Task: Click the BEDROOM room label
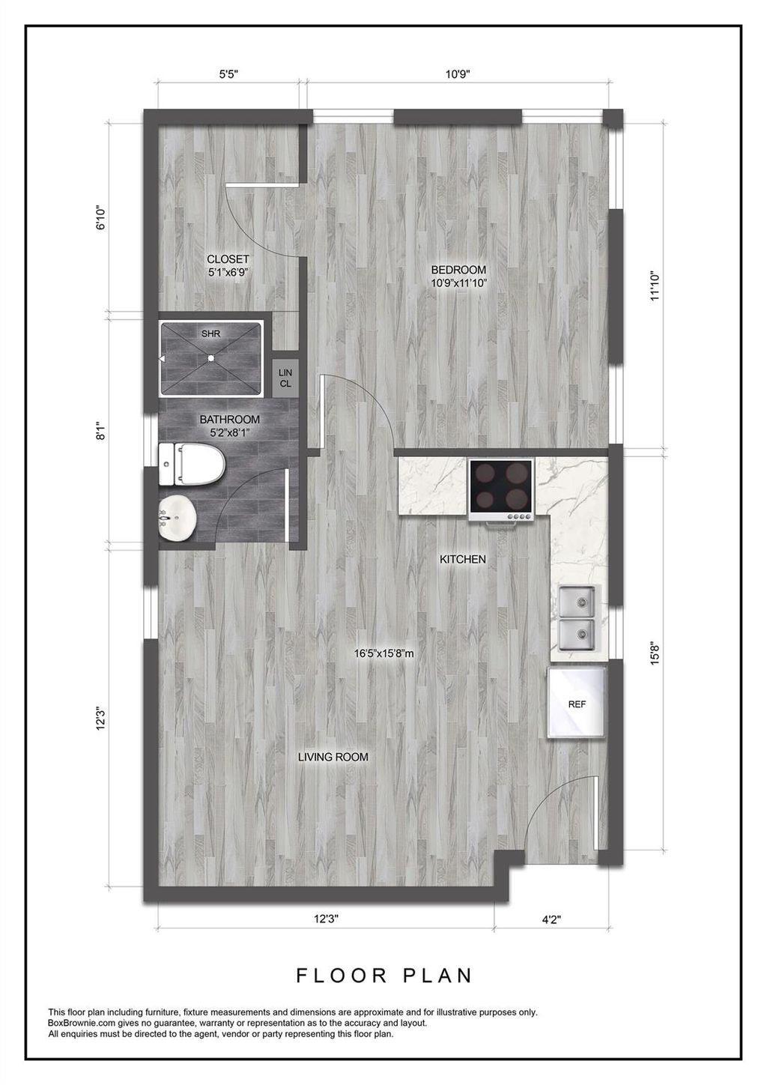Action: [x=458, y=270]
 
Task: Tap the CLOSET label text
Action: [x=228, y=260]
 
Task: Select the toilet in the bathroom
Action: [x=192, y=465]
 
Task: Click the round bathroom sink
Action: [x=178, y=517]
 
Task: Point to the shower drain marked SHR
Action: [x=211, y=358]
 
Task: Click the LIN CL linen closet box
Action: [x=285, y=378]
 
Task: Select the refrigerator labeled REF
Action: [x=577, y=704]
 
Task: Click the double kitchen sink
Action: [x=577, y=620]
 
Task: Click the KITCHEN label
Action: [x=462, y=559]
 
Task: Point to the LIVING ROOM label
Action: [x=333, y=757]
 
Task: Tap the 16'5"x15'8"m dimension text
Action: [x=383, y=653]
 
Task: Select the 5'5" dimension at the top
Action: [x=228, y=74]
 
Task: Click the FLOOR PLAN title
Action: [x=384, y=976]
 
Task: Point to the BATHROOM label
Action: [x=229, y=420]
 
